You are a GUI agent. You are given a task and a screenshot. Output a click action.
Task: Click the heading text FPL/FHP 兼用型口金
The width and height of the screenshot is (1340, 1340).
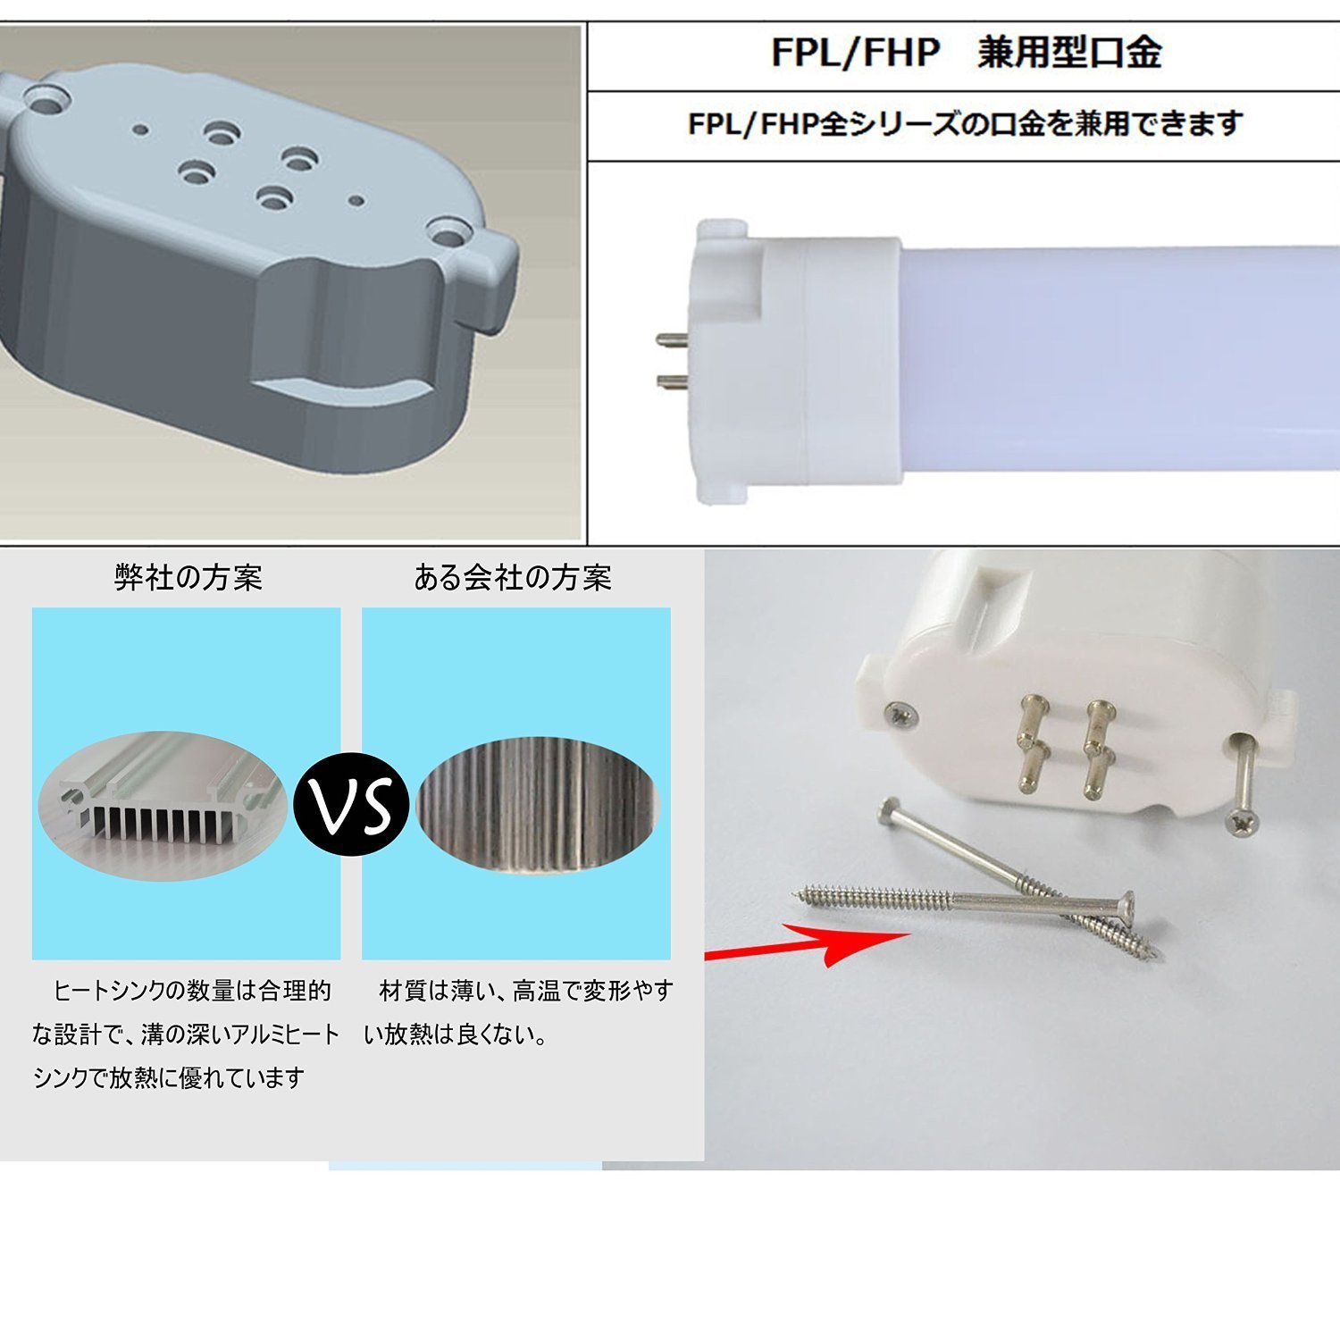966,53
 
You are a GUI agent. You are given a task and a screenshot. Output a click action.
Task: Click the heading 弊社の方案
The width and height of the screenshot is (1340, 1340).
188,578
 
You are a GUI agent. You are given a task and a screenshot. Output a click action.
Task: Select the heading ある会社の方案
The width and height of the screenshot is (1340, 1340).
513,578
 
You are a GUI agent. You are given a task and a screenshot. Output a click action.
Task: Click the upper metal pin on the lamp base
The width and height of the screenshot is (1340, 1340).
672,339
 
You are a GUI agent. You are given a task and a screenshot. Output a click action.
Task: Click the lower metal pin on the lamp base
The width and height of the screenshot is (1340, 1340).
672,382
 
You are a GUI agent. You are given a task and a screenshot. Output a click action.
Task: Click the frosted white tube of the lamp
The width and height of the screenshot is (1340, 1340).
1117,366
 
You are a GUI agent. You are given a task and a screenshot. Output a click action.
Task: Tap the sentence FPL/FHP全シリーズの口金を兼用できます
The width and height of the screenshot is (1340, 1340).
965,123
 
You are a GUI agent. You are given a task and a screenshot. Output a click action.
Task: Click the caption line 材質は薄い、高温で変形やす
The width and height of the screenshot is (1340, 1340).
526,991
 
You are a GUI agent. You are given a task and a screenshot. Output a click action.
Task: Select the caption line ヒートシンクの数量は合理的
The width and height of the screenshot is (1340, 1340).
192,991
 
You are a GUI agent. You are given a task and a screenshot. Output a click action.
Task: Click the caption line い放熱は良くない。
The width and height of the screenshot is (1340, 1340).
456,1034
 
